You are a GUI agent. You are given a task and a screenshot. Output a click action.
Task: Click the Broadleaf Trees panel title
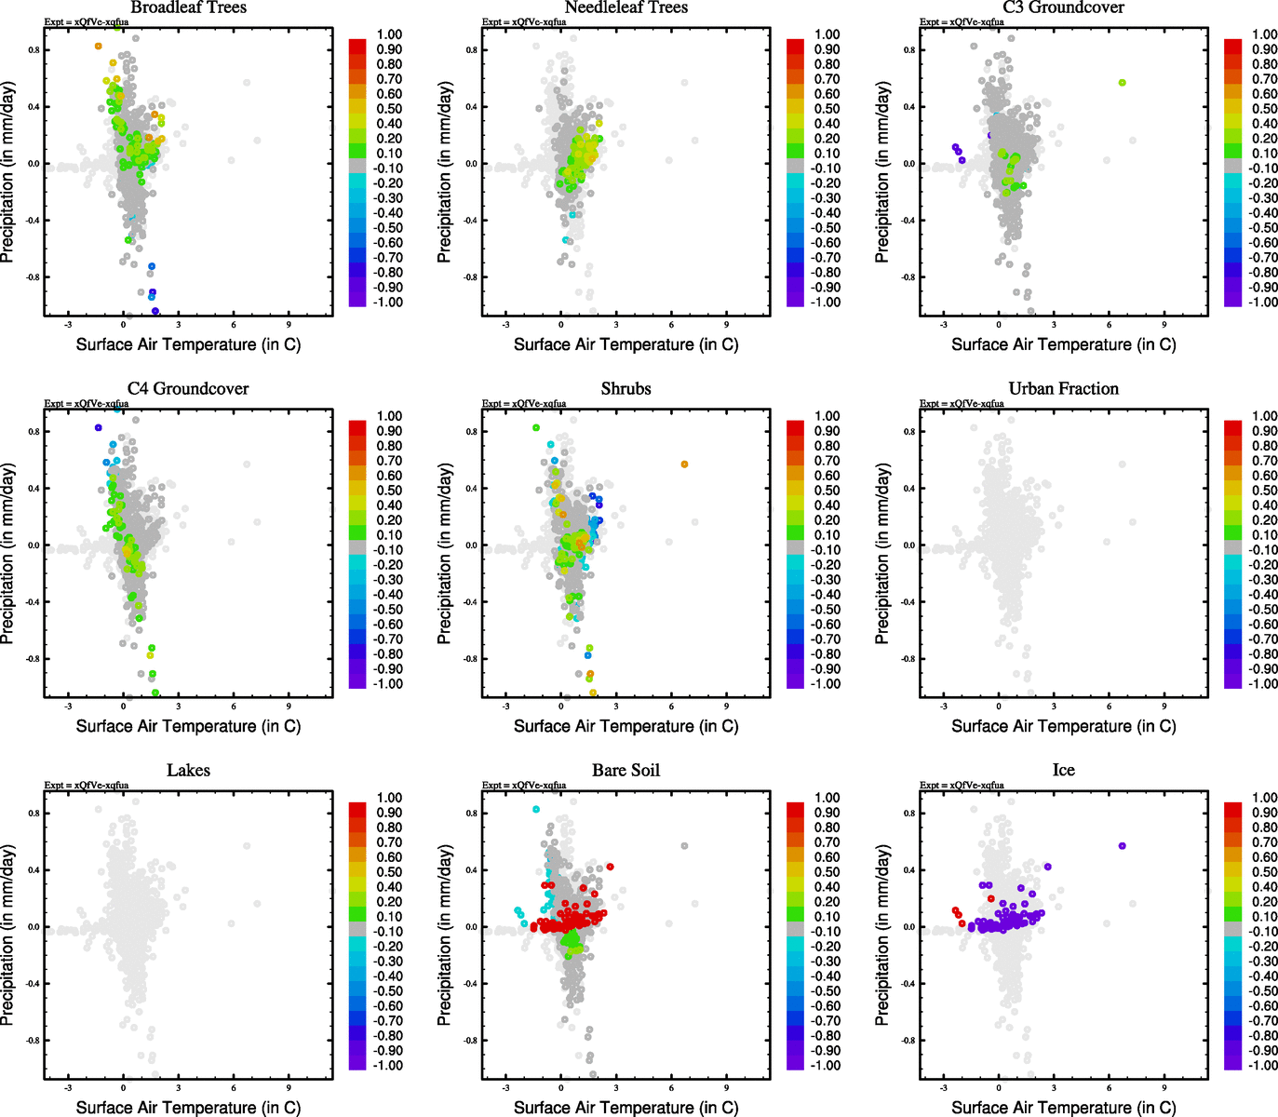tap(188, 7)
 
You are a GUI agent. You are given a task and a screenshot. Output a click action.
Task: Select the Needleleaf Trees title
tap(626, 7)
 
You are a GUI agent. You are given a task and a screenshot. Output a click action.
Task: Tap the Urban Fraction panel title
tap(1063, 388)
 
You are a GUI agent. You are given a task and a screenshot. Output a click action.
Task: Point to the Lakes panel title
tap(188, 770)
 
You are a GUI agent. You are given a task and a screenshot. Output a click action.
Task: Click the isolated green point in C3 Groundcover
tap(1122, 83)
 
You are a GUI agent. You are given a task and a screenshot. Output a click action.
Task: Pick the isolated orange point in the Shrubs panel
tap(684, 464)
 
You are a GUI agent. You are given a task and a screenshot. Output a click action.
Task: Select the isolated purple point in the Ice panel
tap(1122, 846)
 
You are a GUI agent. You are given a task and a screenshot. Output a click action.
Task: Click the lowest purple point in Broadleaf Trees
tap(155, 311)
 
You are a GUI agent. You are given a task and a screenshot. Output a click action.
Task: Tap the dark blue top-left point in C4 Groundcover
tap(98, 427)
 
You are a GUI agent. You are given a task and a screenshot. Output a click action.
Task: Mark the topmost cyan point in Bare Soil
tap(536, 810)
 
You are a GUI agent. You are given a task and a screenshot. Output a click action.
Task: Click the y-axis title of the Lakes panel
tap(8, 935)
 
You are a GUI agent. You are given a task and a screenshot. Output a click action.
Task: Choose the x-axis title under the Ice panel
tap(1063, 1107)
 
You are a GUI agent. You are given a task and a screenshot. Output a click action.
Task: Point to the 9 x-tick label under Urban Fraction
tap(1164, 707)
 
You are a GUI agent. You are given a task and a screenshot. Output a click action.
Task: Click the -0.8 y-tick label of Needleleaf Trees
tap(472, 277)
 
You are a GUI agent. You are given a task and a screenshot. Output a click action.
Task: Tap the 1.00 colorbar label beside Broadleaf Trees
tap(389, 34)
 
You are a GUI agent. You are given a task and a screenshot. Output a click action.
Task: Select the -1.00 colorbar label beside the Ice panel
tap(1263, 1065)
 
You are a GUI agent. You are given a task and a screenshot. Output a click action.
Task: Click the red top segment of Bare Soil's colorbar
tap(796, 805)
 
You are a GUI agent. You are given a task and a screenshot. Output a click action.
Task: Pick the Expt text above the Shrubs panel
tap(524, 403)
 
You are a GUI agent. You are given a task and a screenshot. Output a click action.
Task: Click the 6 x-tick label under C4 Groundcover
tap(234, 707)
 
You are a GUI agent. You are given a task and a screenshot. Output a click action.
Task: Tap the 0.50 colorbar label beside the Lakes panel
tap(389, 872)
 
